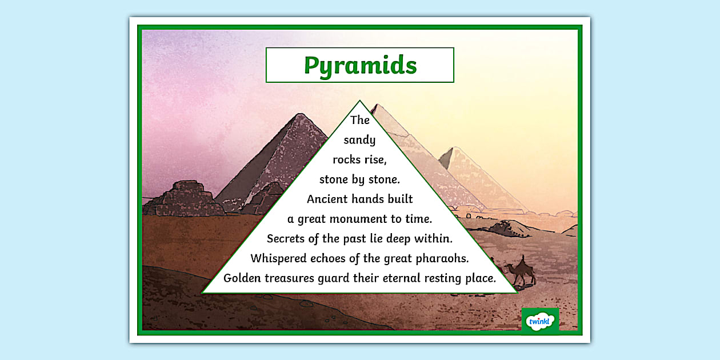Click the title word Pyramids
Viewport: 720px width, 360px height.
coord(360,65)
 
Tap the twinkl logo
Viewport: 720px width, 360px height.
coord(540,321)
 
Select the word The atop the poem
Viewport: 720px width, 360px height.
coord(360,120)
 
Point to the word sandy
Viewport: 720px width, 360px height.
coord(359,141)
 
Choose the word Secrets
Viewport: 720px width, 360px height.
coord(286,239)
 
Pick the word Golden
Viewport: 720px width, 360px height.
coord(242,278)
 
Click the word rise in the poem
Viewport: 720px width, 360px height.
coord(374,160)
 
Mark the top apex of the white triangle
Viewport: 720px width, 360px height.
coord(359,101)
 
